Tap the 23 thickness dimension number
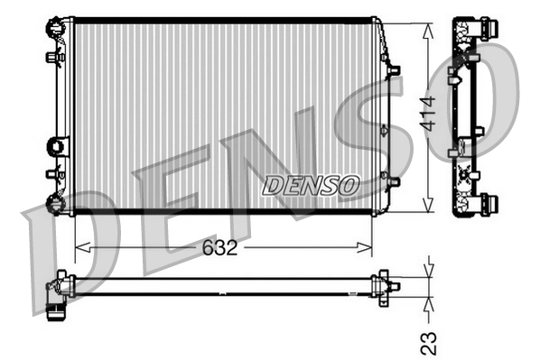430,341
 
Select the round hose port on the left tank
59,144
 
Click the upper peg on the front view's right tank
394,69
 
